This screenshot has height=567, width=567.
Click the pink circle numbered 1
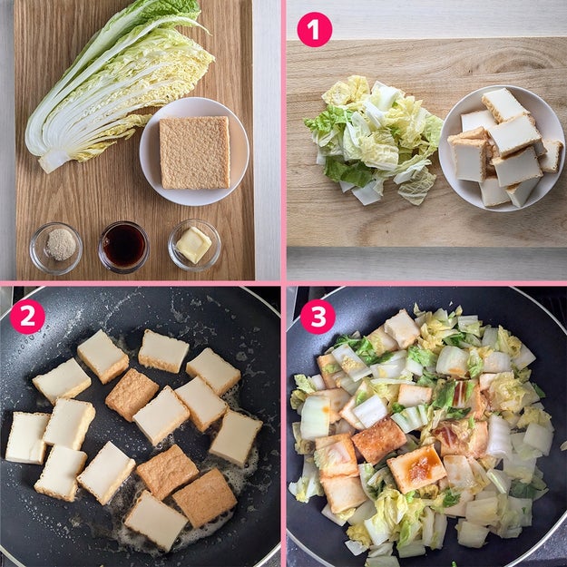[x=314, y=29]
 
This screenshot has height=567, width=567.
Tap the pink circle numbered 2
[x=27, y=317]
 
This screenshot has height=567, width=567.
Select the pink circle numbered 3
[x=318, y=317]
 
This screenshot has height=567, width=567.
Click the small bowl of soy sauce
[x=123, y=247]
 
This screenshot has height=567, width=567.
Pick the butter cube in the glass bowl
[x=193, y=244]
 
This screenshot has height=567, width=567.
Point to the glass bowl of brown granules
[x=55, y=249]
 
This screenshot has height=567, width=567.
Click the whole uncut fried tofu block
[x=194, y=152]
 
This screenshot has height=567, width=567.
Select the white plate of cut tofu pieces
[x=502, y=148]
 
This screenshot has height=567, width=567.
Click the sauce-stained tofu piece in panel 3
[x=416, y=468]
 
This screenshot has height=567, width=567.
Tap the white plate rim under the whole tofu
[x=194, y=197]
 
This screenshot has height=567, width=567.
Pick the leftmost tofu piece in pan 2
[x=26, y=437]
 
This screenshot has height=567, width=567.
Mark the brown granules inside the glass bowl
[x=61, y=244]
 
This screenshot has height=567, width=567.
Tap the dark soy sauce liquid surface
[x=123, y=244]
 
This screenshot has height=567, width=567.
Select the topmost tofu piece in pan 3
[x=402, y=328]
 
